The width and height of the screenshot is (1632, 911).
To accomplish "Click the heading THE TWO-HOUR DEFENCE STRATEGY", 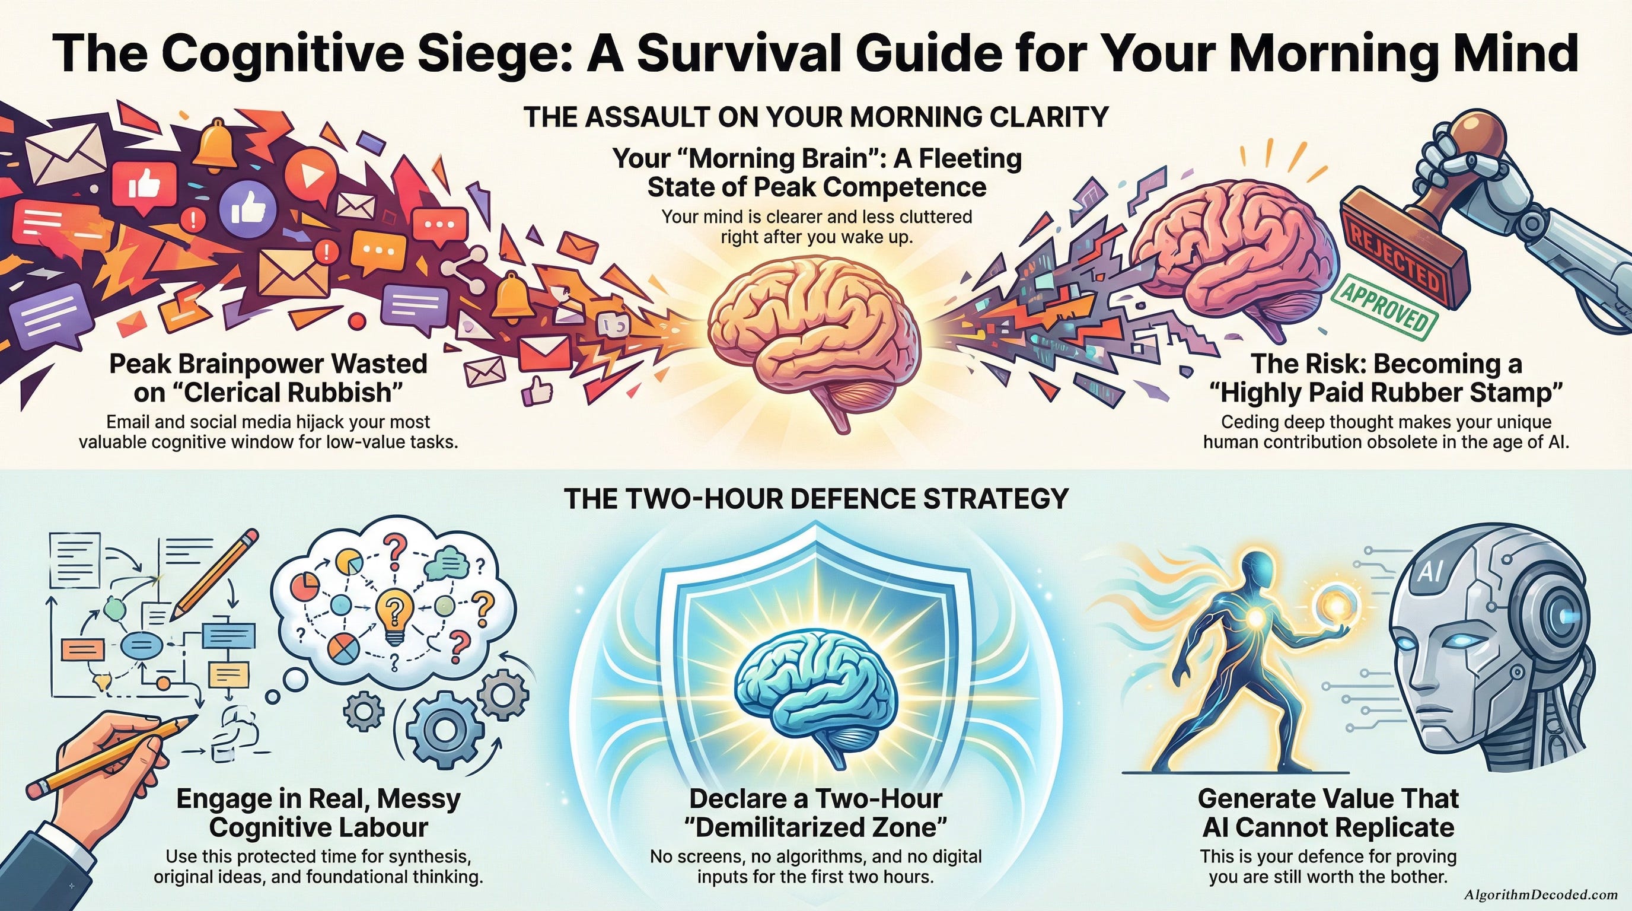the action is tap(815, 499).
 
